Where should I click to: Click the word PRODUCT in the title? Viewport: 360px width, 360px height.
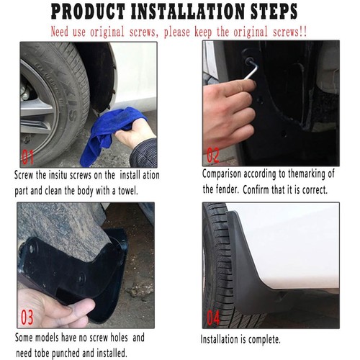(x=88, y=12)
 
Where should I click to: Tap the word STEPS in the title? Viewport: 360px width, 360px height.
(x=274, y=12)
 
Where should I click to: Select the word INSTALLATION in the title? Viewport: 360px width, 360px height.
(x=188, y=12)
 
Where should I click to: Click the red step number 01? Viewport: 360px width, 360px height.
(x=27, y=157)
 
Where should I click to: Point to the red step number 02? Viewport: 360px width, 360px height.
(x=213, y=156)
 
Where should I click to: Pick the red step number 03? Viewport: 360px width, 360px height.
(x=27, y=317)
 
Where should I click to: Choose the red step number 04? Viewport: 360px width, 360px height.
(x=213, y=317)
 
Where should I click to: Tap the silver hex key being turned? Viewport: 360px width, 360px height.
(x=251, y=68)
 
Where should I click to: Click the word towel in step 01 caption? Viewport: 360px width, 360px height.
(x=127, y=191)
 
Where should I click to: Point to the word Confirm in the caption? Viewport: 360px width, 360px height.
(x=256, y=190)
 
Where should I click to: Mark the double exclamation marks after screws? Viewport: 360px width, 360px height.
(x=303, y=32)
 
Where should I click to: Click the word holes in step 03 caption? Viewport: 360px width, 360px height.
(x=119, y=338)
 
